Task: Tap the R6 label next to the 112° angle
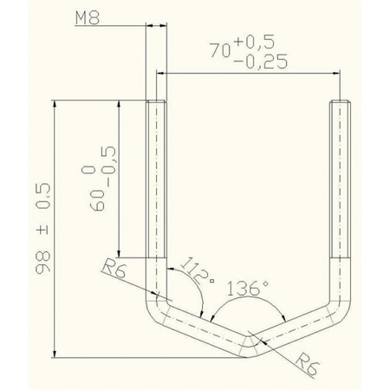pyautogui.click(x=113, y=270)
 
